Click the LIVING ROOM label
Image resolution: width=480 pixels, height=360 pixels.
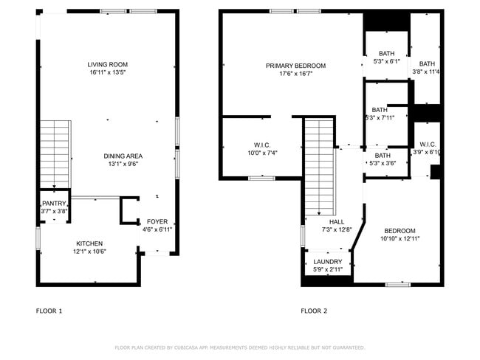108,65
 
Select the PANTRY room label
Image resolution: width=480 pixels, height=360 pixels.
54,204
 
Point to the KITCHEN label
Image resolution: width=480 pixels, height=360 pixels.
89,243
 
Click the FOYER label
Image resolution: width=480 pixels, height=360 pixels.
157,222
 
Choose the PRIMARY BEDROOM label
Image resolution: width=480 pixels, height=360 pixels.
295,66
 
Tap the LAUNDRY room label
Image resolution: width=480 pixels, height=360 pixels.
328,262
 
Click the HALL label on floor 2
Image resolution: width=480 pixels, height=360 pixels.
336,222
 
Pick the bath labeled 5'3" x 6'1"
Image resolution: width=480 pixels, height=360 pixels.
387,54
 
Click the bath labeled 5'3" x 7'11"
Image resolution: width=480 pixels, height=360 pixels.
380,110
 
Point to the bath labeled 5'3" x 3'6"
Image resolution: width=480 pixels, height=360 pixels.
383,156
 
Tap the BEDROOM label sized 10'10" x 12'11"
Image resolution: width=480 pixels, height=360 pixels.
399,231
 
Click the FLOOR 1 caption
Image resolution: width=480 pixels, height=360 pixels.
49,311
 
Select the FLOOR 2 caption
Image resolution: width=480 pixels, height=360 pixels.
314,311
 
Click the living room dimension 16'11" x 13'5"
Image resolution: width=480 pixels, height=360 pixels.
108,73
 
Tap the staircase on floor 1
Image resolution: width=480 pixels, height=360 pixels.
55,153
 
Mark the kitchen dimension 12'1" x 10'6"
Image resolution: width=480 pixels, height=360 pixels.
89,252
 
